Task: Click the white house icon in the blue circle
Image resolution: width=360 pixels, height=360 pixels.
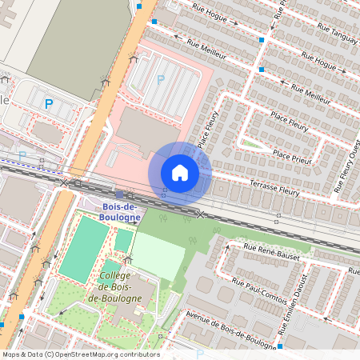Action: (x=180, y=172)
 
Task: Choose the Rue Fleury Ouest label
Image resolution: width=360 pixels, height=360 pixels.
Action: (x=346, y=166)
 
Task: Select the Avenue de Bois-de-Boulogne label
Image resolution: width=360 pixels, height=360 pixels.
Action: (x=232, y=326)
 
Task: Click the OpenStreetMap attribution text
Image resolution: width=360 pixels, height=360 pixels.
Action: (x=81, y=354)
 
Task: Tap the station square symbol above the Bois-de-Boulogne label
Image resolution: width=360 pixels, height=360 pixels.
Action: (x=119, y=194)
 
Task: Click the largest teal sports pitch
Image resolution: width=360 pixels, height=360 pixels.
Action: (x=83, y=249)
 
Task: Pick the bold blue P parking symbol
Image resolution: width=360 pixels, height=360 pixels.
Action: (x=48, y=103)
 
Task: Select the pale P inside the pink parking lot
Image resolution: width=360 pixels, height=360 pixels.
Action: (x=161, y=78)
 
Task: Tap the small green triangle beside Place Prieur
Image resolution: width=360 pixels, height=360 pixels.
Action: (x=254, y=145)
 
